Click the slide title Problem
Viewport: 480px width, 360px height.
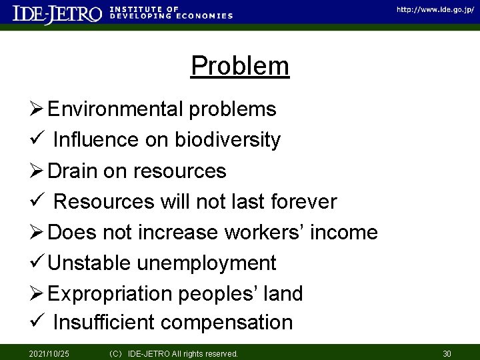point(239,67)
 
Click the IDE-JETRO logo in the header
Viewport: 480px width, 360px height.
point(58,14)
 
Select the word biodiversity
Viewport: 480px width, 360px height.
point(227,140)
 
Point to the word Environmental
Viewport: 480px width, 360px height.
point(119,109)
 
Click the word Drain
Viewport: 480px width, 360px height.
point(73,171)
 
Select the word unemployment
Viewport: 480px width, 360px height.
point(206,264)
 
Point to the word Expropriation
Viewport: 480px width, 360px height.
point(111,294)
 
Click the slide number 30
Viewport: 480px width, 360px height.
point(447,353)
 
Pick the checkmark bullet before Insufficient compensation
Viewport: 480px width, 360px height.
point(38,323)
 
